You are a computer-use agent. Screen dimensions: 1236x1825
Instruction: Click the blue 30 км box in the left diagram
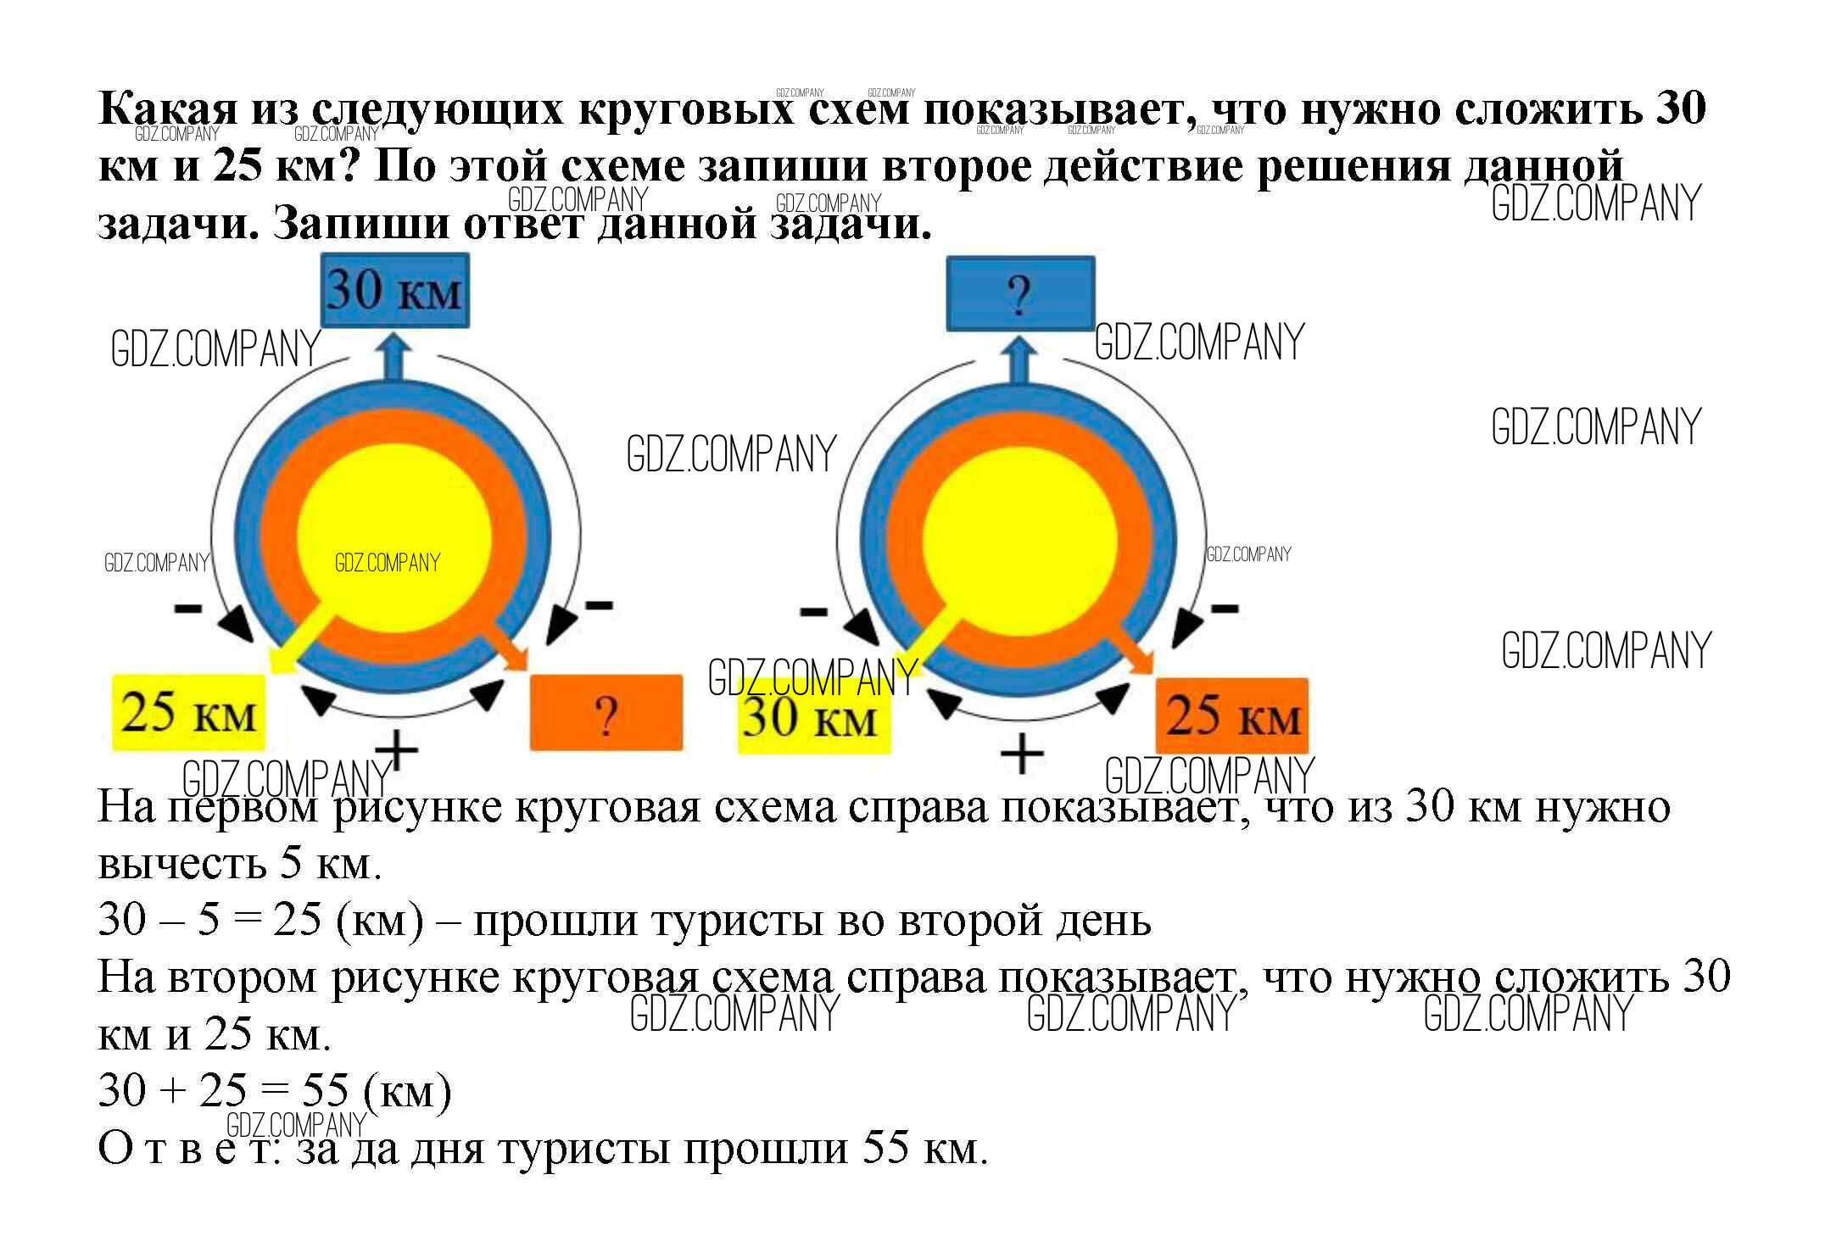point(394,290)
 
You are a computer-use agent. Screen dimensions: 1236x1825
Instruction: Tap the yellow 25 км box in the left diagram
point(188,712)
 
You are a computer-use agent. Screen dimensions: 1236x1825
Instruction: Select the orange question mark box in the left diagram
point(606,713)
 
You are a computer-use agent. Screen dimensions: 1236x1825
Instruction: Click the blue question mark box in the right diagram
point(1019,294)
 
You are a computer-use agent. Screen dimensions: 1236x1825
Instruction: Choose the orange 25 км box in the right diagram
point(1231,715)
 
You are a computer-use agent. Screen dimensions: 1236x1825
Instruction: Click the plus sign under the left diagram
point(397,750)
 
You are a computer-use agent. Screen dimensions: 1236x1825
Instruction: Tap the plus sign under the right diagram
point(1022,754)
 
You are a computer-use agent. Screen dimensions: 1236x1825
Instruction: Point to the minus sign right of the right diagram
point(1224,607)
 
